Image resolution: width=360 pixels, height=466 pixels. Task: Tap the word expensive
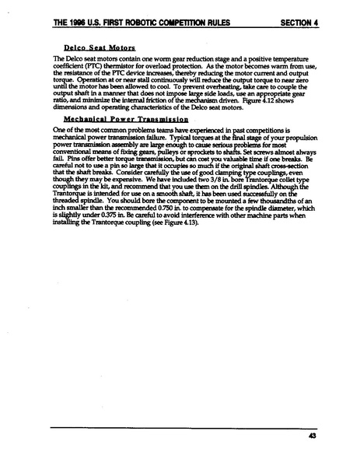click(x=122, y=181)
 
